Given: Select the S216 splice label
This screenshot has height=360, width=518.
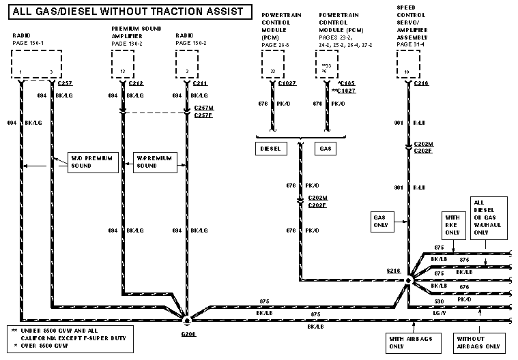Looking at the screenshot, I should click(x=393, y=271).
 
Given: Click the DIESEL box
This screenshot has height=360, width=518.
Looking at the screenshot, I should click(x=271, y=148).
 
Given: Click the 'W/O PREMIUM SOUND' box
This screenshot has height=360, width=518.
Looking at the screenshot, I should click(x=89, y=162).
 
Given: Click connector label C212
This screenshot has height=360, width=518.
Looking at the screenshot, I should click(x=136, y=83).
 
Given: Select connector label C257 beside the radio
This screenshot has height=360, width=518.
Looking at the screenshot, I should click(x=66, y=83).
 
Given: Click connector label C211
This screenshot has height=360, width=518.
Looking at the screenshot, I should click(x=200, y=83).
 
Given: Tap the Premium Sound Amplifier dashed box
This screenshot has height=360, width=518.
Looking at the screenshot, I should click(x=124, y=65).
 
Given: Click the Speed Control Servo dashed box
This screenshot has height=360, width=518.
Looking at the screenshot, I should click(x=409, y=65).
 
